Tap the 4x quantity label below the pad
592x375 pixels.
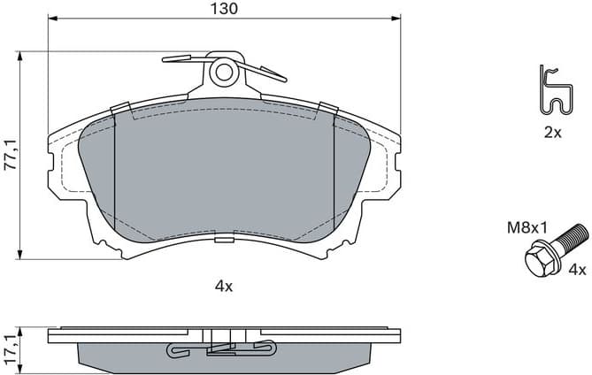pyautogui.click(x=223, y=286)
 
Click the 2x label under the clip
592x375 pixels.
pyautogui.click(x=552, y=132)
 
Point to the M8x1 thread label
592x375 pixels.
pyautogui.click(x=526, y=227)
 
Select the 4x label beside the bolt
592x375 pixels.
pyautogui.click(x=576, y=270)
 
